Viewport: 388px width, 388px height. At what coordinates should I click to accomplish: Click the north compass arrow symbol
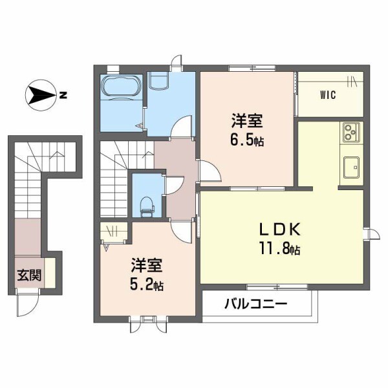[x=41, y=96]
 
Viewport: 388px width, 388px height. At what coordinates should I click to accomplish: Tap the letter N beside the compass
[x=63, y=96]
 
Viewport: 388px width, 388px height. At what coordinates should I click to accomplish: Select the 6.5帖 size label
[x=248, y=140]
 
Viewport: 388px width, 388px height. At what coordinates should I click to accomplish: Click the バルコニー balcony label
[x=256, y=304]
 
